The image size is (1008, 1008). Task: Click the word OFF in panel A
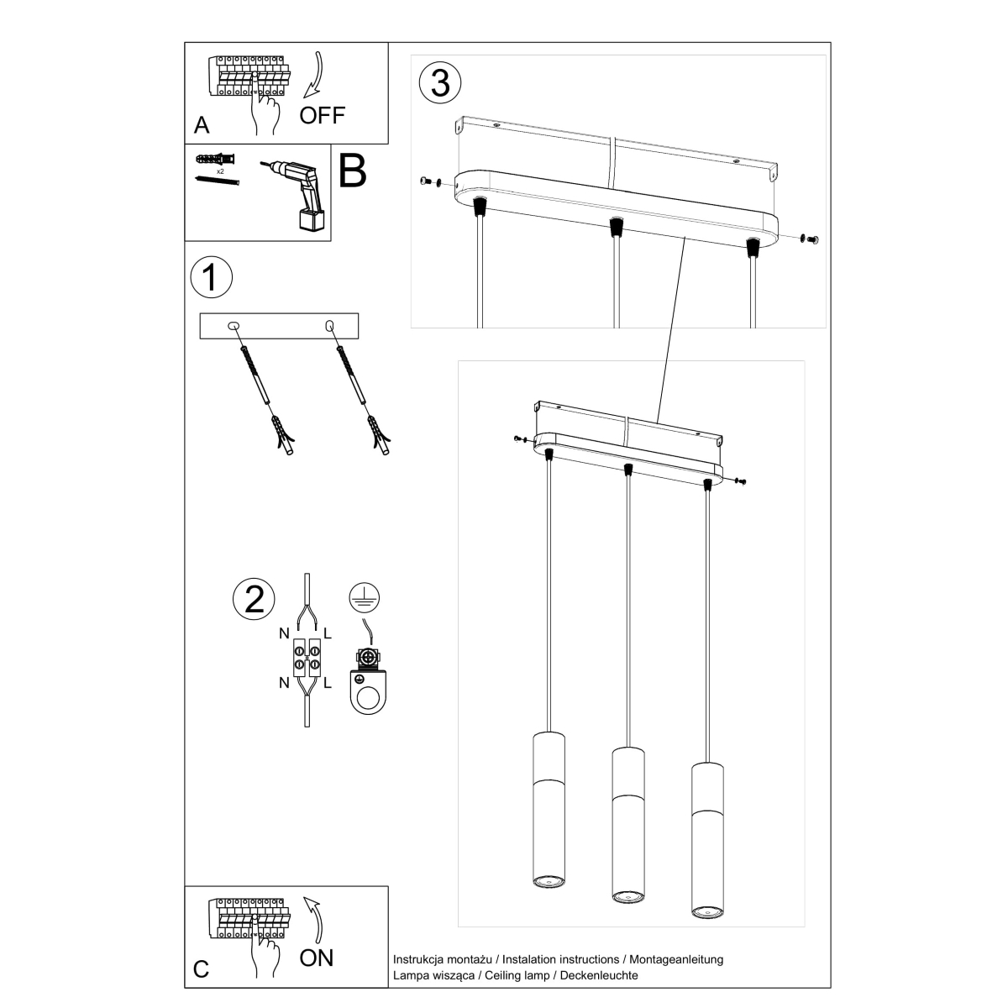tap(323, 115)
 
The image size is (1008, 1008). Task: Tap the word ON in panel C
tap(317, 957)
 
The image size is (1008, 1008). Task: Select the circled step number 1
tap(211, 278)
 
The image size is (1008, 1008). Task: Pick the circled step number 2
tap(253, 597)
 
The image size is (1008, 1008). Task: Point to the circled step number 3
tap(440, 83)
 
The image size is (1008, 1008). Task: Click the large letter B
tap(352, 171)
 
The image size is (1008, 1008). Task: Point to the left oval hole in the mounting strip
tap(234, 324)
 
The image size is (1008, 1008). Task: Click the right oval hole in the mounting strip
tap(328, 324)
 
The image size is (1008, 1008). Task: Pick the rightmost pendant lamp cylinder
tap(706, 840)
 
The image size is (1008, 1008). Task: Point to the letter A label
tap(202, 125)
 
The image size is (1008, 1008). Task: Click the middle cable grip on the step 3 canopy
tap(616, 227)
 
